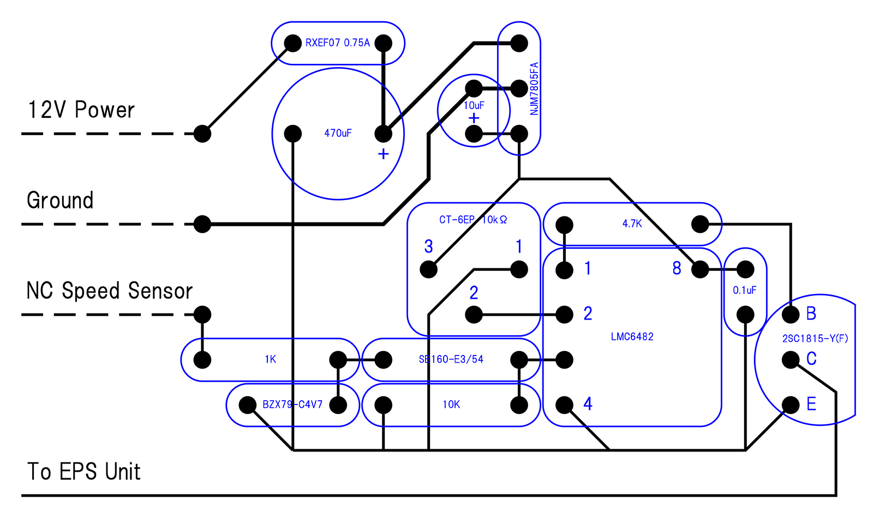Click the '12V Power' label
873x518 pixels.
(x=81, y=110)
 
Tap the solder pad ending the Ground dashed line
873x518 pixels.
(x=202, y=224)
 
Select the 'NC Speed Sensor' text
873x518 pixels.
(x=109, y=291)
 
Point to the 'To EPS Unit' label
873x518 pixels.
(x=84, y=472)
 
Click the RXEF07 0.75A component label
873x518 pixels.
(x=337, y=43)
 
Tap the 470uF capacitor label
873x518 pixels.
(x=338, y=133)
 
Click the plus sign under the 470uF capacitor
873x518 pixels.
(x=383, y=154)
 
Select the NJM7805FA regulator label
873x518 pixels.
(x=534, y=88)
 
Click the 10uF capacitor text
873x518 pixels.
(x=474, y=105)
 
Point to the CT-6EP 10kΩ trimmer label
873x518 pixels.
(x=473, y=220)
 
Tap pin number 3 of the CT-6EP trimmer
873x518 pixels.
(x=429, y=247)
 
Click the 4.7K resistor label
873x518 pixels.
(x=632, y=224)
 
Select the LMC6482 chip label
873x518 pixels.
(x=632, y=336)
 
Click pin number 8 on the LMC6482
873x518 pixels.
(x=677, y=268)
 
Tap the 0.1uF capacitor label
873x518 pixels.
(x=744, y=290)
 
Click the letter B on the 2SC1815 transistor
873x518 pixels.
(x=811, y=314)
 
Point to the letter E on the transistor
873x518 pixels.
(x=811, y=404)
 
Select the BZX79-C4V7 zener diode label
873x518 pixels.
(x=292, y=405)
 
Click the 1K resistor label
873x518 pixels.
(x=270, y=359)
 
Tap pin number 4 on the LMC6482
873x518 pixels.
(x=588, y=404)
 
